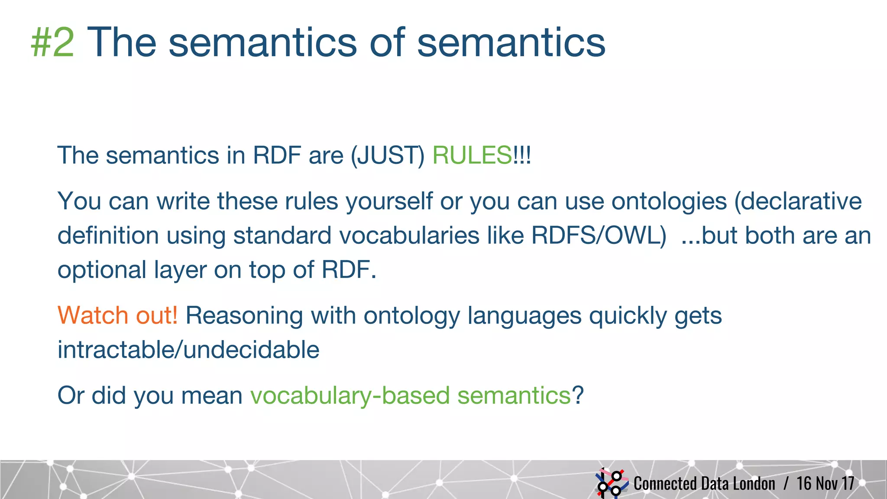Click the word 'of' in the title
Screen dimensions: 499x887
pos(388,42)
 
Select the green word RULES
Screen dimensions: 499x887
pos(472,155)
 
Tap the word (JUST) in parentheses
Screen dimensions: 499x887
pos(387,155)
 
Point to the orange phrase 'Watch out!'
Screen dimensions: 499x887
pos(117,315)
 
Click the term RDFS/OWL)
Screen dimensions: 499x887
pos(599,236)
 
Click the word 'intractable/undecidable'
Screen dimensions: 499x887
pos(188,350)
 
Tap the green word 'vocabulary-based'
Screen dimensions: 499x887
pos(350,395)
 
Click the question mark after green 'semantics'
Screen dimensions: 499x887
pos(578,395)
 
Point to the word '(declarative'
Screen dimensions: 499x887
pos(798,201)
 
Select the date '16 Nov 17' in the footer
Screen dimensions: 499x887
pos(825,483)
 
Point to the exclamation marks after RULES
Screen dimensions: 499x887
pos(522,155)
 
